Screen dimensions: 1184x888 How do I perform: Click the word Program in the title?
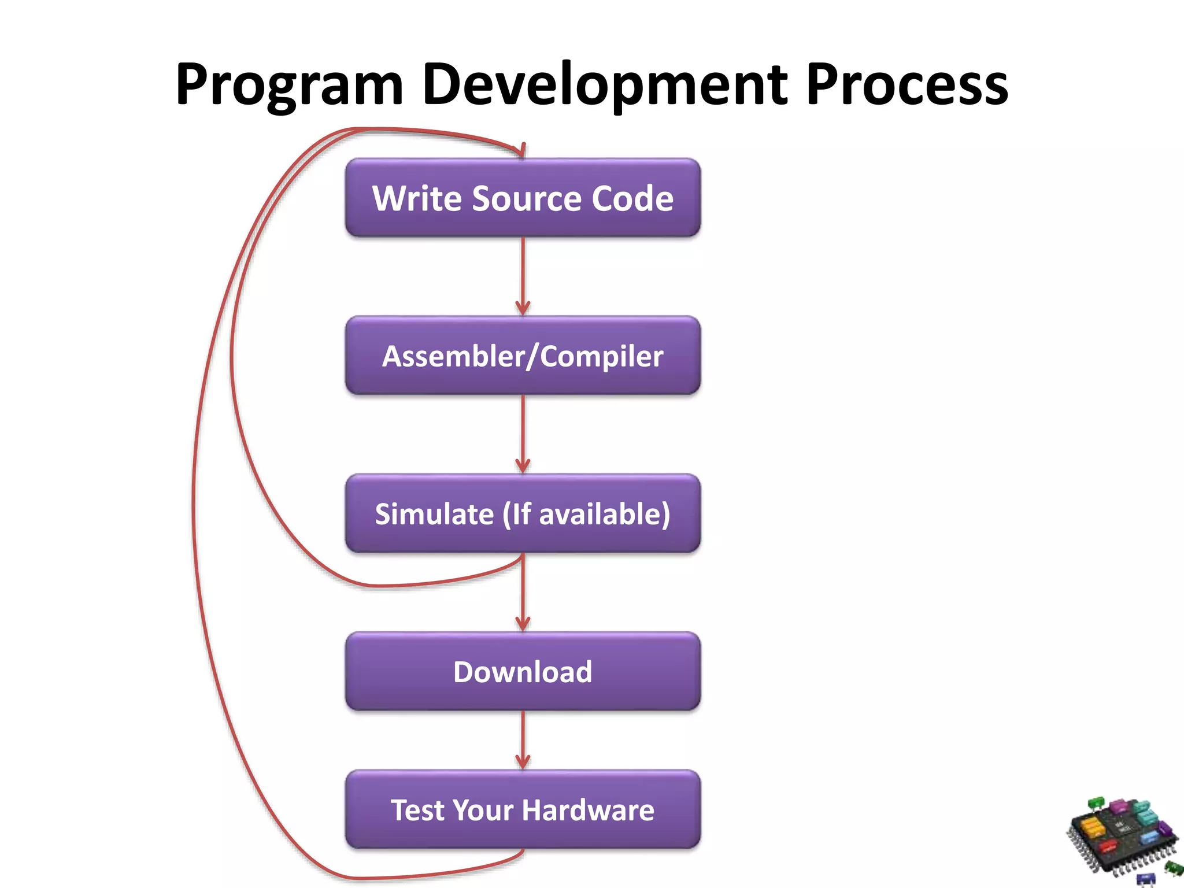(289, 86)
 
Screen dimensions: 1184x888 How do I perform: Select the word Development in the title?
(605, 86)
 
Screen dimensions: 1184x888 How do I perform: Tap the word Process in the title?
(906, 86)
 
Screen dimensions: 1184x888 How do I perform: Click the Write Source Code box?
(523, 198)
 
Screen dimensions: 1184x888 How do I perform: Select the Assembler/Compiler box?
(523, 356)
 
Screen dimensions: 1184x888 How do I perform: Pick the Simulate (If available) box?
(523, 513)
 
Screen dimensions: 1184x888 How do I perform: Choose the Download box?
(523, 671)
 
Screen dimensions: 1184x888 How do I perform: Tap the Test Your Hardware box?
(523, 809)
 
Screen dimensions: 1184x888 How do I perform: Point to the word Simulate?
(434, 514)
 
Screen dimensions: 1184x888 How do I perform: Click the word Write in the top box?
(417, 198)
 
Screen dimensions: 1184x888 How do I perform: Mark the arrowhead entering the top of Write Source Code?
(522, 150)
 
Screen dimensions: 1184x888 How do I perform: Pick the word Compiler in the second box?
(602, 356)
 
